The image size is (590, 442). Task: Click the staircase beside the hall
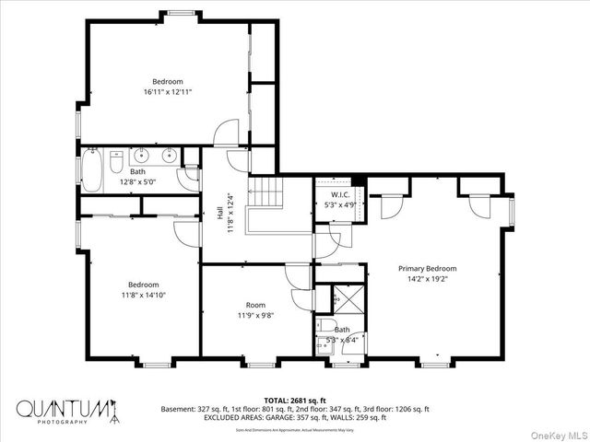[267, 195]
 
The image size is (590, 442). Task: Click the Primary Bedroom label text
[427, 269]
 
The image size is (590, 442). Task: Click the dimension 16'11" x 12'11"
[168, 92]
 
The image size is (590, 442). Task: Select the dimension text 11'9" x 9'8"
[255, 315]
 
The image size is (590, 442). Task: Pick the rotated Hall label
[221, 207]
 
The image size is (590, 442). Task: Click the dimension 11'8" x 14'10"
[143, 295]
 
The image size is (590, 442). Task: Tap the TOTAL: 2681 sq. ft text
[294, 401]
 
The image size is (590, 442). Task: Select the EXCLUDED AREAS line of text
[295, 417]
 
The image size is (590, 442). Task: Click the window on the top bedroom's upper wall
[182, 13]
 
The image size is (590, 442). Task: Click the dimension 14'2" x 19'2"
[427, 279]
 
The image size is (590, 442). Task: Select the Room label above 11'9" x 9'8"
[255, 305]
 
